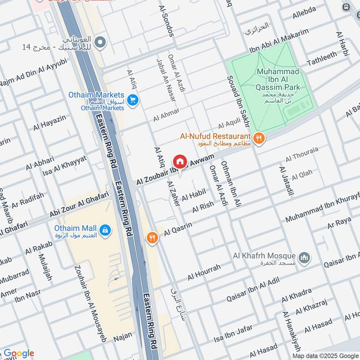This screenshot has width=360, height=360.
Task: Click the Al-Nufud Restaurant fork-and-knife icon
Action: [258, 139]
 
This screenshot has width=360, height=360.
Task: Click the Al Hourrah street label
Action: [204, 271]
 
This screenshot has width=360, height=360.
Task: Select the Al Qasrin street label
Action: [178, 229]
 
